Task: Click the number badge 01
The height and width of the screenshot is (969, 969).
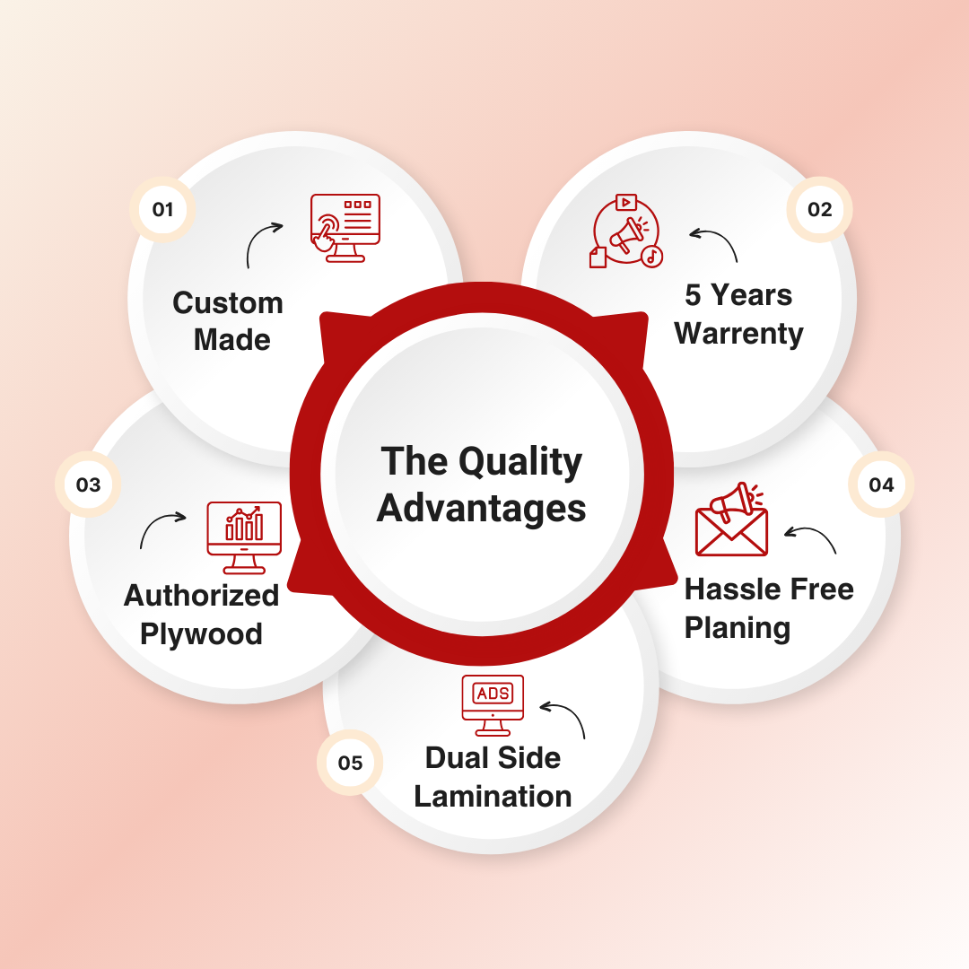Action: tap(162, 211)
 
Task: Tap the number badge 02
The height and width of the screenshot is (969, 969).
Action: tap(819, 210)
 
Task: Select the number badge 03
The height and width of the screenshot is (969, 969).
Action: tap(88, 485)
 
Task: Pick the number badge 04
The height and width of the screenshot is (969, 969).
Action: tap(881, 485)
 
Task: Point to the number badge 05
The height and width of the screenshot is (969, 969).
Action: tap(350, 764)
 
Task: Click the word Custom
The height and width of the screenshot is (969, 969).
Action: tap(228, 303)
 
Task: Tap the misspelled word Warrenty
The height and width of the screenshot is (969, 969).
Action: tap(738, 334)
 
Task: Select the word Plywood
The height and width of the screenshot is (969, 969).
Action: tap(201, 634)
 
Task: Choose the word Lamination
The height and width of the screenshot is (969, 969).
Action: tap(493, 797)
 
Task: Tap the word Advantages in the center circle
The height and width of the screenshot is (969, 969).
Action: tap(482, 509)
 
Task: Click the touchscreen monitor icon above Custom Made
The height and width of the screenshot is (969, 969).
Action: tap(345, 227)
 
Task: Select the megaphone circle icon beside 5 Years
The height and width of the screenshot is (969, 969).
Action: tap(625, 231)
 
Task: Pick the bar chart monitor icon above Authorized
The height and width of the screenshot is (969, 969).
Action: tap(244, 537)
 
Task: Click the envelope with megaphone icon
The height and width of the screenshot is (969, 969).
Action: tap(732, 521)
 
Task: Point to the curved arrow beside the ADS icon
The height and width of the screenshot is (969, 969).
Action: tap(564, 718)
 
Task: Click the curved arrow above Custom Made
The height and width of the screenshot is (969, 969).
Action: tap(263, 242)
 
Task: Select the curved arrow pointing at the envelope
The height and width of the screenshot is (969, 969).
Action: tap(811, 538)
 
